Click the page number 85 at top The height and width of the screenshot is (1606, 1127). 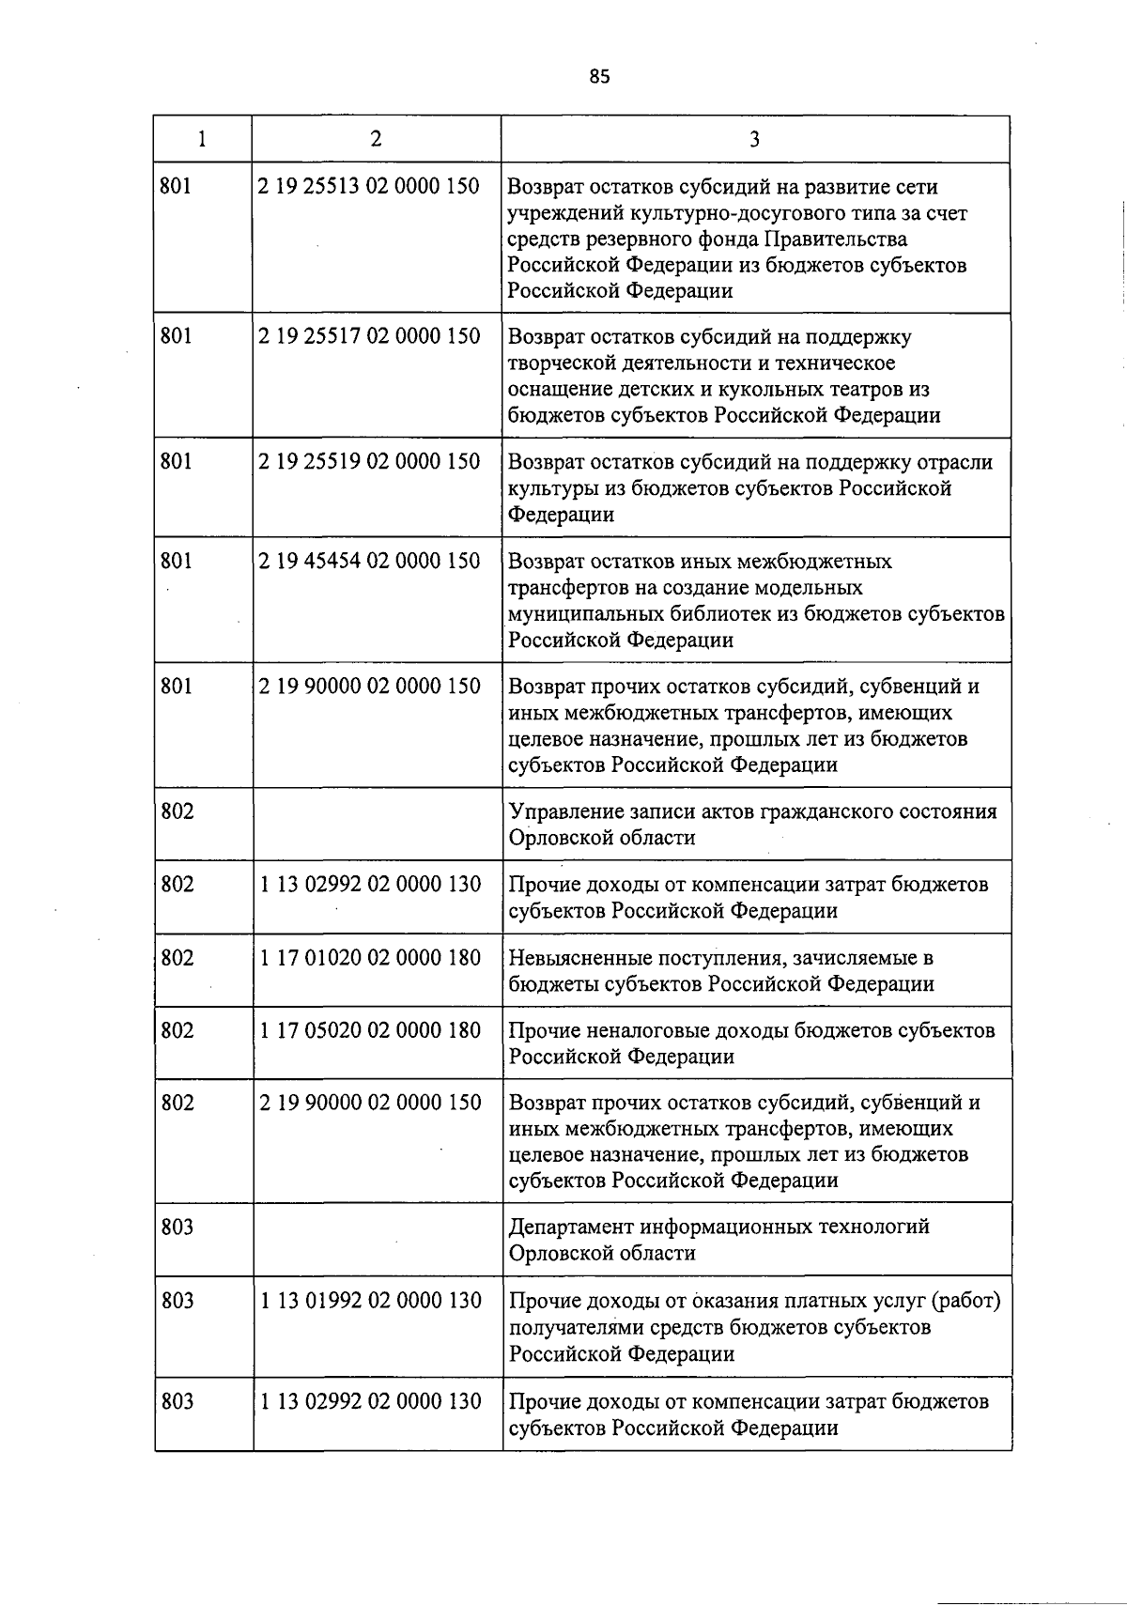[x=600, y=77]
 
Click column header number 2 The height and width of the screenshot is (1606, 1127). [x=376, y=139]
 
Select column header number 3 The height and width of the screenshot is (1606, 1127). [x=755, y=140]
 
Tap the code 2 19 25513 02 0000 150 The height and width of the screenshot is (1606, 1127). [x=370, y=186]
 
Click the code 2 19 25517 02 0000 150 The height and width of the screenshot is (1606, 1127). [x=370, y=335]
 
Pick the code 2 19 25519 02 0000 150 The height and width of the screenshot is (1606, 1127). [x=370, y=461]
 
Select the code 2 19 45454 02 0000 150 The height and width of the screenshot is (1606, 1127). [x=370, y=561]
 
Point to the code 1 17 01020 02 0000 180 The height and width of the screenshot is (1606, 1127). [x=370, y=957]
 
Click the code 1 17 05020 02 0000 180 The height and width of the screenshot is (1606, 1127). [x=370, y=1029]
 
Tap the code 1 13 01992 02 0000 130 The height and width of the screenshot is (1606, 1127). [x=370, y=1300]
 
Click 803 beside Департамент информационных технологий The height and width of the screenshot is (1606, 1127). [x=178, y=1227]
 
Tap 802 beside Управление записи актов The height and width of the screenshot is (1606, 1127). [x=178, y=811]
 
